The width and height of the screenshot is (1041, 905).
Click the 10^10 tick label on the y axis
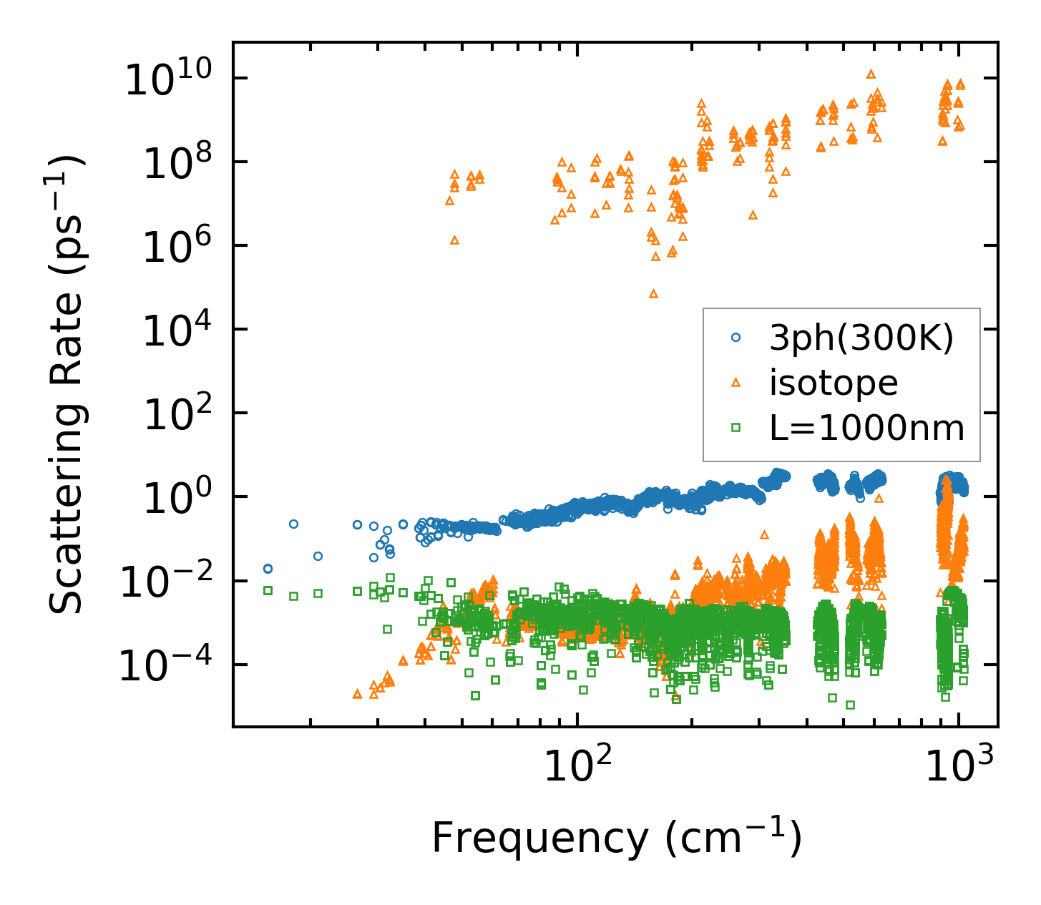click(176, 81)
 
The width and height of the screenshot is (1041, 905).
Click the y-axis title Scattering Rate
click(67, 385)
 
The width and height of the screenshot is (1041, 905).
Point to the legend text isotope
click(834, 383)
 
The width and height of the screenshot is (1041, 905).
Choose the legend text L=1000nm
click(866, 429)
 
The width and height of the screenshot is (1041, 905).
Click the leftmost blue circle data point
click(268, 568)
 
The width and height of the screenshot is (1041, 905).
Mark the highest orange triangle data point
click(871, 74)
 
